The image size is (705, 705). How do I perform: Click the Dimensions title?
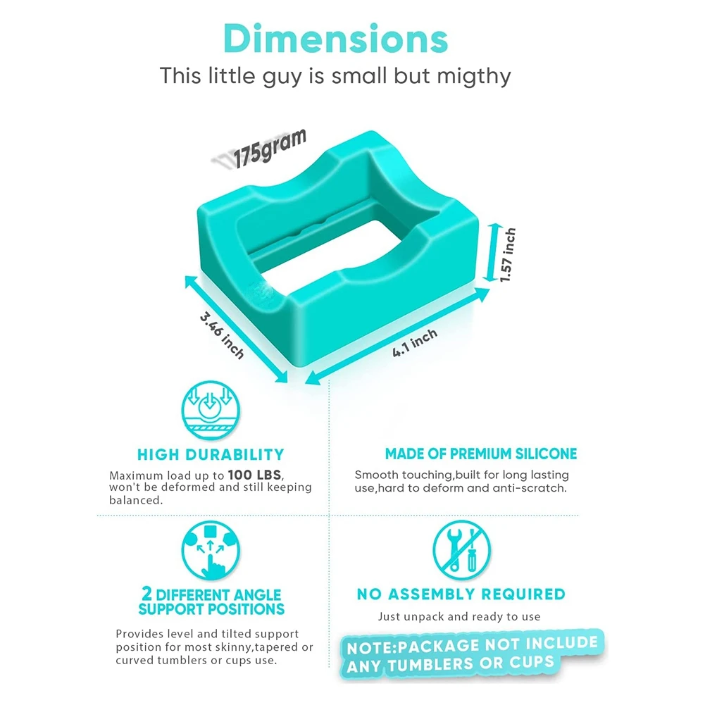[335, 40]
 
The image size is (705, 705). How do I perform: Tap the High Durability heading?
[211, 454]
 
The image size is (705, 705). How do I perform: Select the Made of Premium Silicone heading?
[481, 454]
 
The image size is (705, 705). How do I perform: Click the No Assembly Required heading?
[461, 594]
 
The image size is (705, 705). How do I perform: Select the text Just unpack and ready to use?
[459, 617]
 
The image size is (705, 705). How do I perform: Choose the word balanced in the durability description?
[135, 500]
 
